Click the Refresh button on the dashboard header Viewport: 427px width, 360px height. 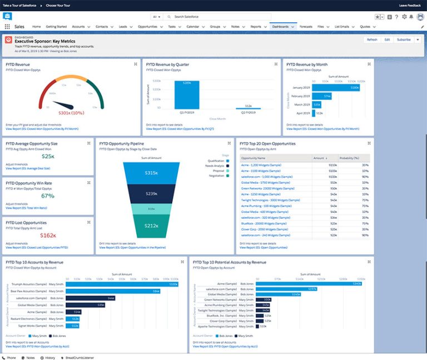pyautogui.click(x=372, y=40)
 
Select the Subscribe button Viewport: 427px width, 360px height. pyautogui.click(x=404, y=40)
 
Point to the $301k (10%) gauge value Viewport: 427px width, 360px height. pyautogui.click(x=71, y=113)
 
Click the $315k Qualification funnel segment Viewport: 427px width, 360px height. pyautogui.click(x=151, y=173)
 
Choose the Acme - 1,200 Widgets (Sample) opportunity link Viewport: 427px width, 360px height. pyautogui.click(x=259, y=165)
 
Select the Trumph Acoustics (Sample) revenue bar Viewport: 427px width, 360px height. pyautogui.click(x=122, y=284)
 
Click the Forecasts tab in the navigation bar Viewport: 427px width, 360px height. pyautogui.click(x=305, y=26)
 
